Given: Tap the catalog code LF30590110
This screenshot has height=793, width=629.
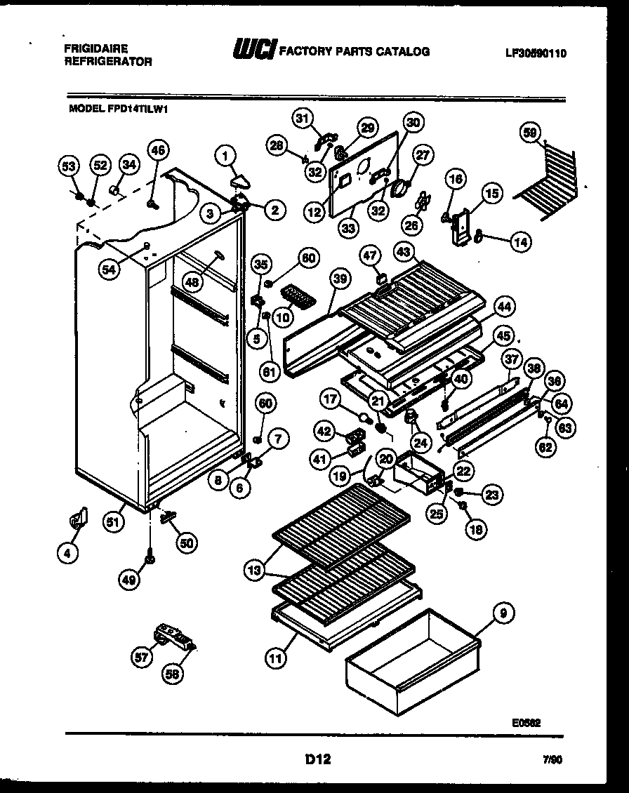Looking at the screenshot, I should (x=536, y=53).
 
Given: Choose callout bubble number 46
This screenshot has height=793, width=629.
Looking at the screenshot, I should (x=158, y=149).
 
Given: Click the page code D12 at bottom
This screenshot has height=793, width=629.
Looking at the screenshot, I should (x=317, y=759).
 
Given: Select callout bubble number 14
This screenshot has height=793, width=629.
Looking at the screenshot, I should (x=520, y=242).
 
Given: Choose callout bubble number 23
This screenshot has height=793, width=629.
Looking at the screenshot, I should (x=492, y=495).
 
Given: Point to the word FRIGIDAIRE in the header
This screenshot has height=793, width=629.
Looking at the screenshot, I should (x=97, y=48).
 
